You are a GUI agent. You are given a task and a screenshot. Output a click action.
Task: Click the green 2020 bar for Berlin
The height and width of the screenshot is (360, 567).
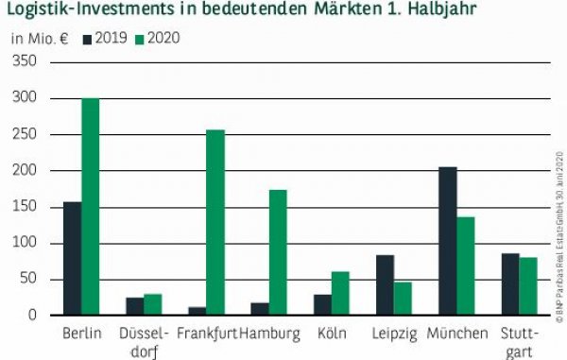click(90, 207)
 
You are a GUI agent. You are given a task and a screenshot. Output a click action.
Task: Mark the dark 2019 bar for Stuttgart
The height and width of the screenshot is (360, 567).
click(509, 283)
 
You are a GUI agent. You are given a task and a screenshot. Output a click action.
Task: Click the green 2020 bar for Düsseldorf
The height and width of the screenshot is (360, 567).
click(153, 304)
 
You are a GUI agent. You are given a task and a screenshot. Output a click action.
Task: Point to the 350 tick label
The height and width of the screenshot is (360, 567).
click(24, 62)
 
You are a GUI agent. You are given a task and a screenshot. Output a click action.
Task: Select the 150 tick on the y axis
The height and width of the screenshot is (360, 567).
click(24, 207)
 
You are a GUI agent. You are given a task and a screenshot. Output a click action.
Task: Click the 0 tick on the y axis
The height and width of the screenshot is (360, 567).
click(31, 316)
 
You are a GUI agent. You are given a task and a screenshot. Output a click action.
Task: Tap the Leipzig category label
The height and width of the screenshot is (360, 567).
click(393, 334)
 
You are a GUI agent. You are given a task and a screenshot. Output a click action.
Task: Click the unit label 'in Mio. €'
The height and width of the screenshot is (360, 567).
click(40, 39)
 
